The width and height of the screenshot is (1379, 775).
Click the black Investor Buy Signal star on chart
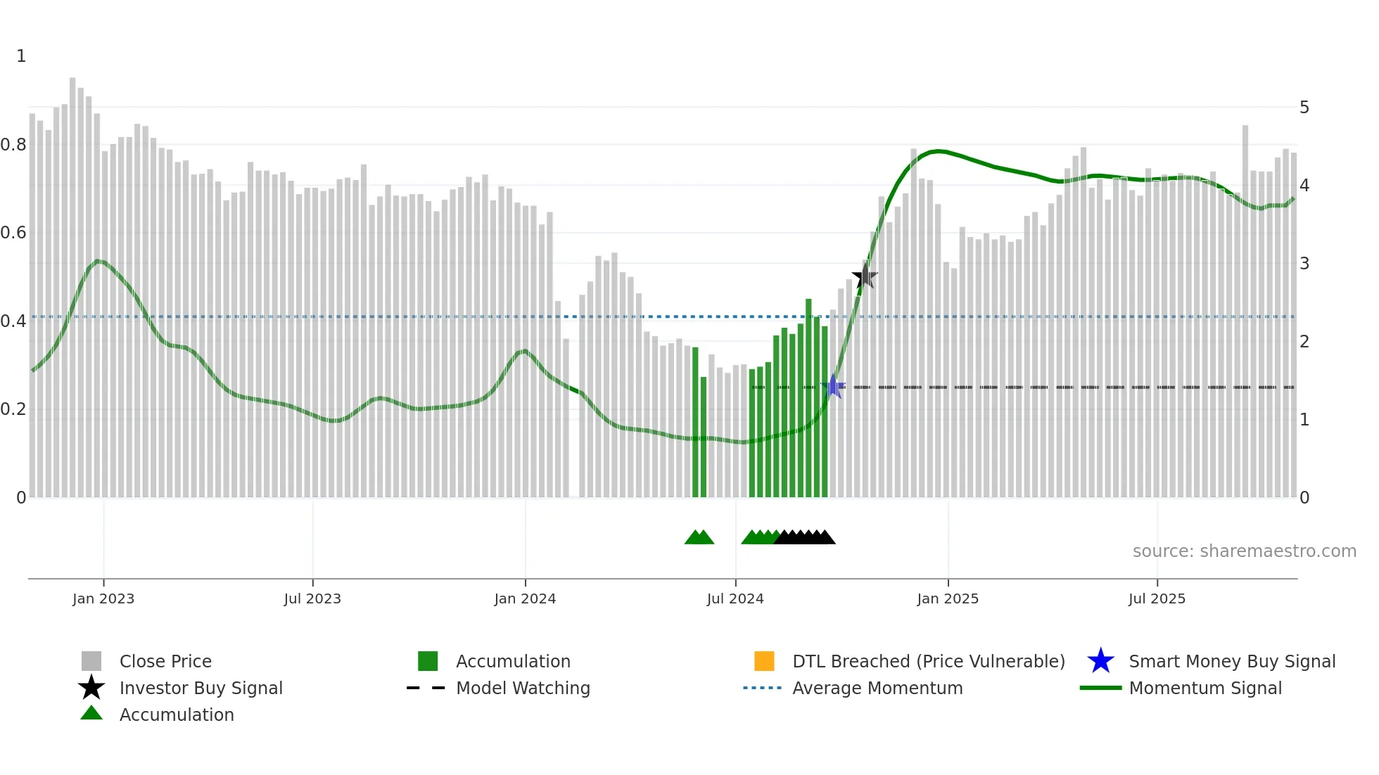tap(865, 277)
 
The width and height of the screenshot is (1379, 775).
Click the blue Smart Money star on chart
tap(833, 387)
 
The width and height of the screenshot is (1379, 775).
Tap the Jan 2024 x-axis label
tap(525, 599)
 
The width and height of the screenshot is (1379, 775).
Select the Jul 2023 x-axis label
tap(312, 599)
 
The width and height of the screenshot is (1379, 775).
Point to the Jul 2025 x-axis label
tap(1157, 599)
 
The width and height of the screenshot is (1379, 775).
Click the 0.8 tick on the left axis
tap(13, 145)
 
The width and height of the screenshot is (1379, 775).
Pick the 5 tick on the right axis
tap(1304, 108)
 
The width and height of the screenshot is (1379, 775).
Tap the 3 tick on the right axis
tap(1304, 264)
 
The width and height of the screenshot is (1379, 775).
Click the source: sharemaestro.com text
tap(1244, 551)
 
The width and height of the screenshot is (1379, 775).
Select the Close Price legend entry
tap(165, 662)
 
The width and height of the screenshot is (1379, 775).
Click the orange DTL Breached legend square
tap(764, 662)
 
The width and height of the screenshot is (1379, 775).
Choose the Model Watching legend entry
tap(522, 688)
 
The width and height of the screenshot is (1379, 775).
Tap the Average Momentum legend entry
tap(877, 688)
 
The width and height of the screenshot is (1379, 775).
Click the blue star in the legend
tap(1100, 662)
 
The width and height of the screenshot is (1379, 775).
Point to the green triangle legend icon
tap(91, 714)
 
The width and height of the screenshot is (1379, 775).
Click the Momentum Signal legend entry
tap(1205, 688)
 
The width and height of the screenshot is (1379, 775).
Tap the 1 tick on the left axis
tap(21, 56)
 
